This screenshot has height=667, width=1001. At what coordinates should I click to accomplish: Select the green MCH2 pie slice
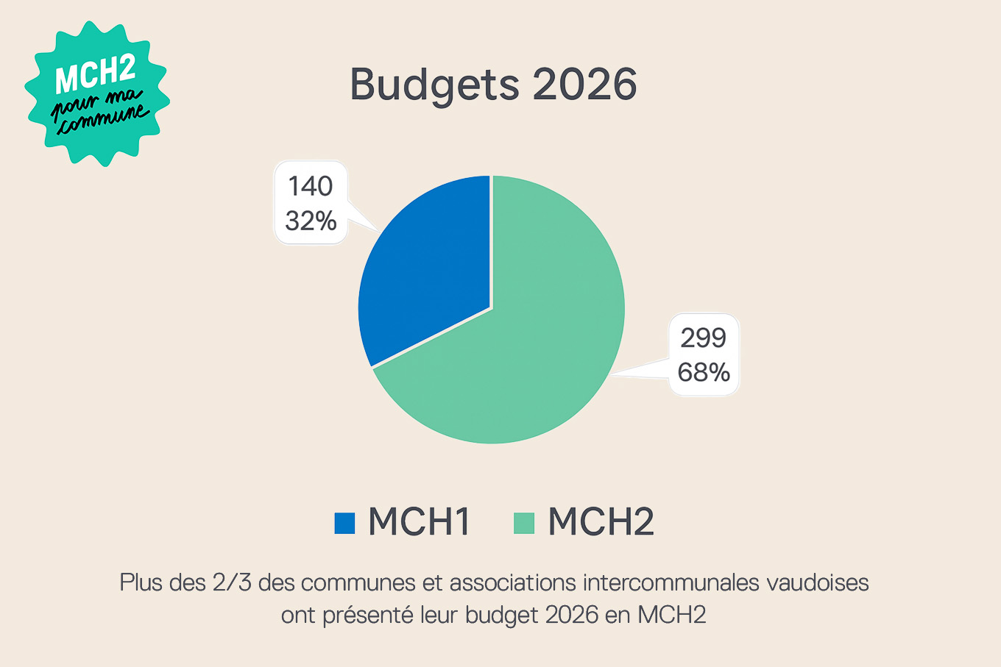530,346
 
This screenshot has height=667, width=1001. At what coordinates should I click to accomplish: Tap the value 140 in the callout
310,187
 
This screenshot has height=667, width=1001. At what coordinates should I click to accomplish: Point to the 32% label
311,221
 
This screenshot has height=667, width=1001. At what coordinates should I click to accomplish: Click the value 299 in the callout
703,338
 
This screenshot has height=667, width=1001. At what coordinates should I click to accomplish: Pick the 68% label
704,372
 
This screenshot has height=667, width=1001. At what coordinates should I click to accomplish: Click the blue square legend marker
344,523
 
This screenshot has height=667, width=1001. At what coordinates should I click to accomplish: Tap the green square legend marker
523,523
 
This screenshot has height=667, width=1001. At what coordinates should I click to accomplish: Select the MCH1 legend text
419,522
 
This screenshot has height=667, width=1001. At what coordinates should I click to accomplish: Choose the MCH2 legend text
601,522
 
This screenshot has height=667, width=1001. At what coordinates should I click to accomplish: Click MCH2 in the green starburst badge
95,74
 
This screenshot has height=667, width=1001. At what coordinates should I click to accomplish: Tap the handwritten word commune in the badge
103,120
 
